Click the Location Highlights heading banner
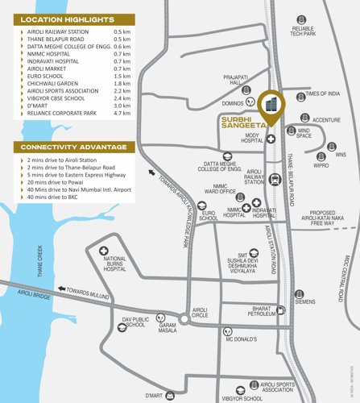67,18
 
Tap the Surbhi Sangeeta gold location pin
271,107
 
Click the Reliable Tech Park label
307,31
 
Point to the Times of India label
323,93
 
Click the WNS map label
341,154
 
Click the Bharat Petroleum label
246,311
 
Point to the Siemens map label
305,301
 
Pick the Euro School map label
209,216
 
